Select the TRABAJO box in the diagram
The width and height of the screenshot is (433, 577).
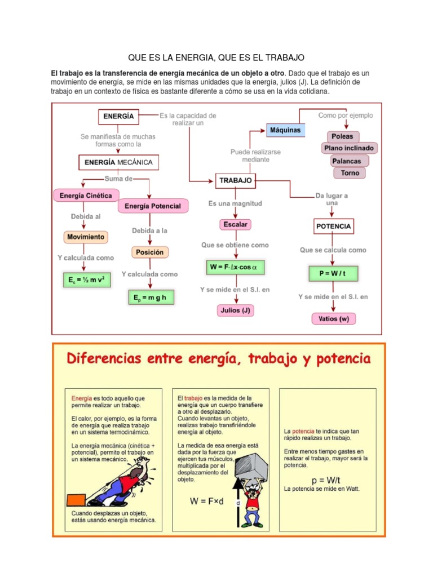click(235, 181)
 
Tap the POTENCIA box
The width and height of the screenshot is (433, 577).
click(333, 227)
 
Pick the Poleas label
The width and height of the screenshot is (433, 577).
click(342, 136)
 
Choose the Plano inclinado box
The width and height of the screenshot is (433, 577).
click(349, 149)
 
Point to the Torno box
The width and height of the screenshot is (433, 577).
click(350, 173)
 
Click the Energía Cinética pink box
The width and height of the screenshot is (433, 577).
click(86, 196)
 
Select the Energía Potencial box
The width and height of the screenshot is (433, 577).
click(153, 206)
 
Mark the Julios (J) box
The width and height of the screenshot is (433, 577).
click(235, 310)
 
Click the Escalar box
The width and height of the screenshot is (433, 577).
click(235, 224)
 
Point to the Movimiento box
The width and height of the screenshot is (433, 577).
click(86, 237)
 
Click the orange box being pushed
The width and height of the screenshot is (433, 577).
click(76, 499)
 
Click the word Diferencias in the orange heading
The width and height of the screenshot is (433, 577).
click(106, 359)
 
